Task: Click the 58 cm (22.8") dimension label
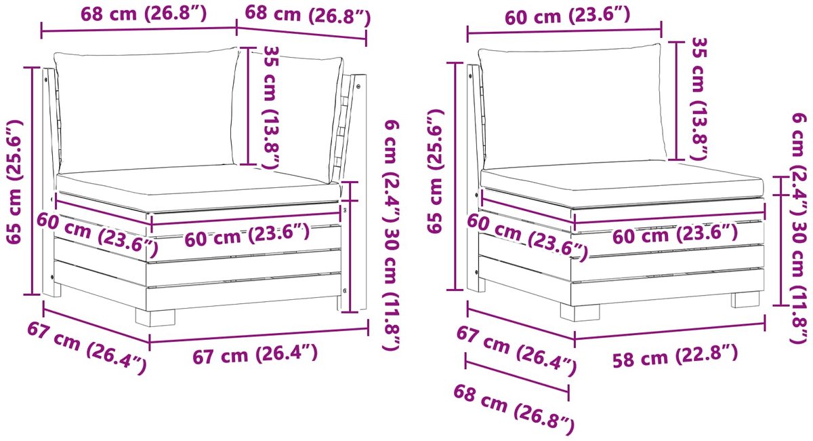[x=675, y=356]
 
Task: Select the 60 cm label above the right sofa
[x=567, y=16]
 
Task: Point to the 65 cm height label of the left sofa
[x=15, y=181]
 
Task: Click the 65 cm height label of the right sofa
[x=435, y=171]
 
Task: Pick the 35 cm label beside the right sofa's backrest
[x=699, y=98]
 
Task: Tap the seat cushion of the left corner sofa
[x=198, y=188]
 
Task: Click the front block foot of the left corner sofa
[x=155, y=317]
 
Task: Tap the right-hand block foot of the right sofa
[x=745, y=299]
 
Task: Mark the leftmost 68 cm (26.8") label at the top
[x=144, y=14]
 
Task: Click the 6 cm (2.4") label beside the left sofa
[x=392, y=171]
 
